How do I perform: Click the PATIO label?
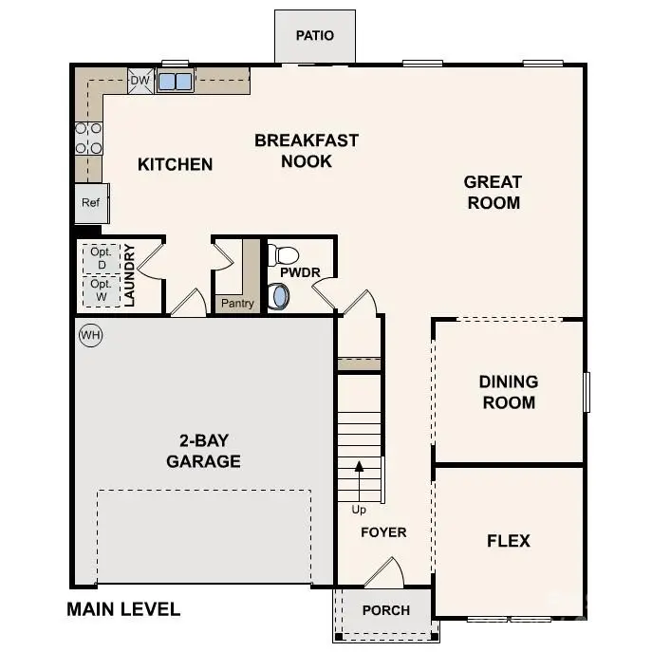click(314, 36)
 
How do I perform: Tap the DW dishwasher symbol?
click(140, 81)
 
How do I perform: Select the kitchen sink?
click(175, 82)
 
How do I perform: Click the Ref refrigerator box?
click(91, 203)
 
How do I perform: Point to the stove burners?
click(89, 138)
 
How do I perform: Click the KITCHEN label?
click(175, 164)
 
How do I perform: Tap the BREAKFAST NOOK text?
click(307, 151)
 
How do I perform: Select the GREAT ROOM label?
click(493, 192)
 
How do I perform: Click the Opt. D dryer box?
click(101, 258)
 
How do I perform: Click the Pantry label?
click(236, 304)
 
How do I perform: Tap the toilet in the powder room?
click(283, 255)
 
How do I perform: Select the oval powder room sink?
click(279, 297)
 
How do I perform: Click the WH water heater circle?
click(90, 335)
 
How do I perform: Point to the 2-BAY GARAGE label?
click(203, 452)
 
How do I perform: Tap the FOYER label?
click(383, 532)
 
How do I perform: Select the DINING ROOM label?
click(508, 392)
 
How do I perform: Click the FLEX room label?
click(508, 541)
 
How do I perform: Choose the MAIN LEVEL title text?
click(123, 609)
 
